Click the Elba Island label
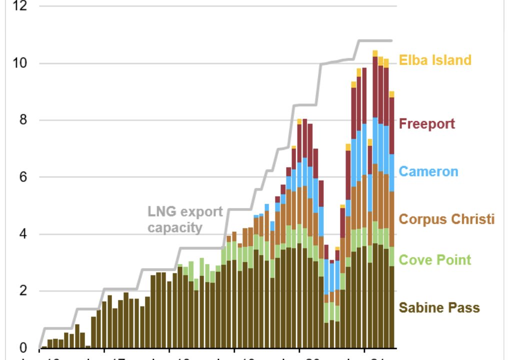(x=435, y=60)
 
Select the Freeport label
(x=427, y=123)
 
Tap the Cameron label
(x=428, y=171)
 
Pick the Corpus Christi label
(x=446, y=219)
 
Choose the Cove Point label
(x=435, y=259)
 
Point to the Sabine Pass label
(x=439, y=307)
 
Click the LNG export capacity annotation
(x=185, y=219)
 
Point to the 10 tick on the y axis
(x=19, y=63)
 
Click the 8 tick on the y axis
(x=22, y=120)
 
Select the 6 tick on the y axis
(x=22, y=177)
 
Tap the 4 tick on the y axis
(x=22, y=234)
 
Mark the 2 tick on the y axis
(x=22, y=291)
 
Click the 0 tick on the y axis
(x=22, y=348)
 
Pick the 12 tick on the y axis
(x=19, y=6)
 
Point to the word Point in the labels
(x=452, y=259)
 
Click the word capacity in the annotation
(x=175, y=227)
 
